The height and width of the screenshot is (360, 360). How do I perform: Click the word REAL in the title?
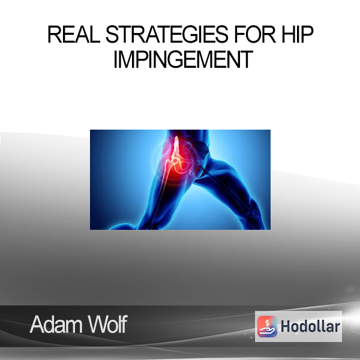[74, 34]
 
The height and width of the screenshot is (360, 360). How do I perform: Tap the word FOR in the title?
[255, 34]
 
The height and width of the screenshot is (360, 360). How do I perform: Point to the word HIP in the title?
[298, 34]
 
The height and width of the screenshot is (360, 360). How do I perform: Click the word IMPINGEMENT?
[183, 59]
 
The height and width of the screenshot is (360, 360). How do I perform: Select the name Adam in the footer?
[56, 325]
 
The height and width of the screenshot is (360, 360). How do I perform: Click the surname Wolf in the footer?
[107, 324]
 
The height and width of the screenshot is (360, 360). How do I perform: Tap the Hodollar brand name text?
[310, 326]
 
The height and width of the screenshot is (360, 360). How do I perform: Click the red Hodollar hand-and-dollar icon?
[267, 326]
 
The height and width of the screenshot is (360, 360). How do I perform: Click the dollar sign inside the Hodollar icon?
[267, 323]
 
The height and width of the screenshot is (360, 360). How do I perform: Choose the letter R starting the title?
[55, 34]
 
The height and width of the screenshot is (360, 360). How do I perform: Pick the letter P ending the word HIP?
[307, 34]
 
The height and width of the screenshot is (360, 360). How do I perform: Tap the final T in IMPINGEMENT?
[247, 59]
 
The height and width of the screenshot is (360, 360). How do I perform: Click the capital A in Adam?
[37, 325]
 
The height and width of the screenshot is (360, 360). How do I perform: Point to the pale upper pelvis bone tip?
[176, 139]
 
